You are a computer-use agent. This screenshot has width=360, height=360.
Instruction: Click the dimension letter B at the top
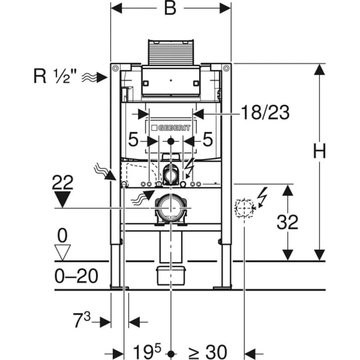tap(170, 8)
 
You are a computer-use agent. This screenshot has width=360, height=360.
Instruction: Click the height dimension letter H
tap(319, 152)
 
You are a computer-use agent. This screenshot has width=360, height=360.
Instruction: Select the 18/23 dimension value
tap(265, 114)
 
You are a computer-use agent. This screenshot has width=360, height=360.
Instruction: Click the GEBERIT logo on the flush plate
tap(171, 128)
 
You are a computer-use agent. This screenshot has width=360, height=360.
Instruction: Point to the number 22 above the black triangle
tap(63, 183)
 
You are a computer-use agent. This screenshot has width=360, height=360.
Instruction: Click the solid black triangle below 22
tap(63, 199)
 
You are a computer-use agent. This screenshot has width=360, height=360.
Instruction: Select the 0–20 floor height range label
tap(76, 276)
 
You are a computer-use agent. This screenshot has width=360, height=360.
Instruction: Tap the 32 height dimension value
tap(287, 222)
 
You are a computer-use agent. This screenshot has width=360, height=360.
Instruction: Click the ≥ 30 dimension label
tap(208, 352)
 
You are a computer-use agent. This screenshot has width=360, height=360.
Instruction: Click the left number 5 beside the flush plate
tap(134, 141)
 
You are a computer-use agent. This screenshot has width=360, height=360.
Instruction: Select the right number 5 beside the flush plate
tap(208, 141)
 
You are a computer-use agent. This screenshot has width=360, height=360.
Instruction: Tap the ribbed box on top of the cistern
tap(171, 52)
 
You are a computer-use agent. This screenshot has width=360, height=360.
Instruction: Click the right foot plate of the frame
tap(222, 287)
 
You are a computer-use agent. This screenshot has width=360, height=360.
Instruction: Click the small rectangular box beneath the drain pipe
tap(170, 275)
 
